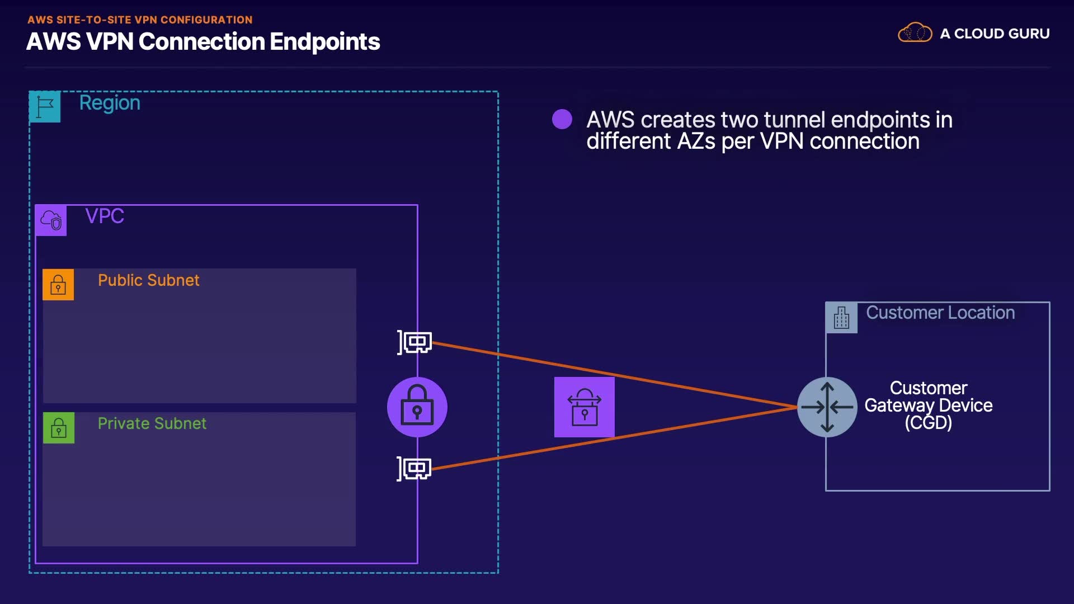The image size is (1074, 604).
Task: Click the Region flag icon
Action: pyautogui.click(x=45, y=106)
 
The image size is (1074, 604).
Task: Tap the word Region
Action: pyautogui.click(x=110, y=103)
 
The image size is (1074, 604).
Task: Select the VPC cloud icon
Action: pyautogui.click(x=51, y=220)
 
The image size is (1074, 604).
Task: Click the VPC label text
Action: pyautogui.click(x=105, y=216)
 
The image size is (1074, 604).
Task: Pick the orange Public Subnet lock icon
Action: pyautogui.click(x=58, y=285)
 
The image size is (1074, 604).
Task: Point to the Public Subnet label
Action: pyautogui.click(x=148, y=280)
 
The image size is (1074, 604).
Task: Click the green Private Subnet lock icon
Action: pyautogui.click(x=59, y=428)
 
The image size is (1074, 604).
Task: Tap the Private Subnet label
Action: pyautogui.click(x=152, y=423)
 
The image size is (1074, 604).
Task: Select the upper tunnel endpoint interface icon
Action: pyautogui.click(x=415, y=342)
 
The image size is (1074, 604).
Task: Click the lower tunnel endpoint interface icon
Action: pyautogui.click(x=414, y=468)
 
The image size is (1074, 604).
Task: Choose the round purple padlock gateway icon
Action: pyautogui.click(x=417, y=407)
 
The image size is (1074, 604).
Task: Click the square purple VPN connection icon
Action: pyautogui.click(x=584, y=407)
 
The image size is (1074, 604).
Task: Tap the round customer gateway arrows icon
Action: pyautogui.click(x=827, y=407)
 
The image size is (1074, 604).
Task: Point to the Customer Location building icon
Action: pyautogui.click(x=841, y=318)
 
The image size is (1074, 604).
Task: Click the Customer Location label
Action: pyautogui.click(x=940, y=313)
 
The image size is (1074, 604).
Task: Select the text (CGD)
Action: pyautogui.click(x=928, y=423)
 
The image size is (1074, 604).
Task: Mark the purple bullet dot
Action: pyautogui.click(x=562, y=119)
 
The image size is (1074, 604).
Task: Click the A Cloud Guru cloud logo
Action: pyautogui.click(x=915, y=33)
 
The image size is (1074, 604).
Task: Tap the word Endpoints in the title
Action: pyautogui.click(x=324, y=42)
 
